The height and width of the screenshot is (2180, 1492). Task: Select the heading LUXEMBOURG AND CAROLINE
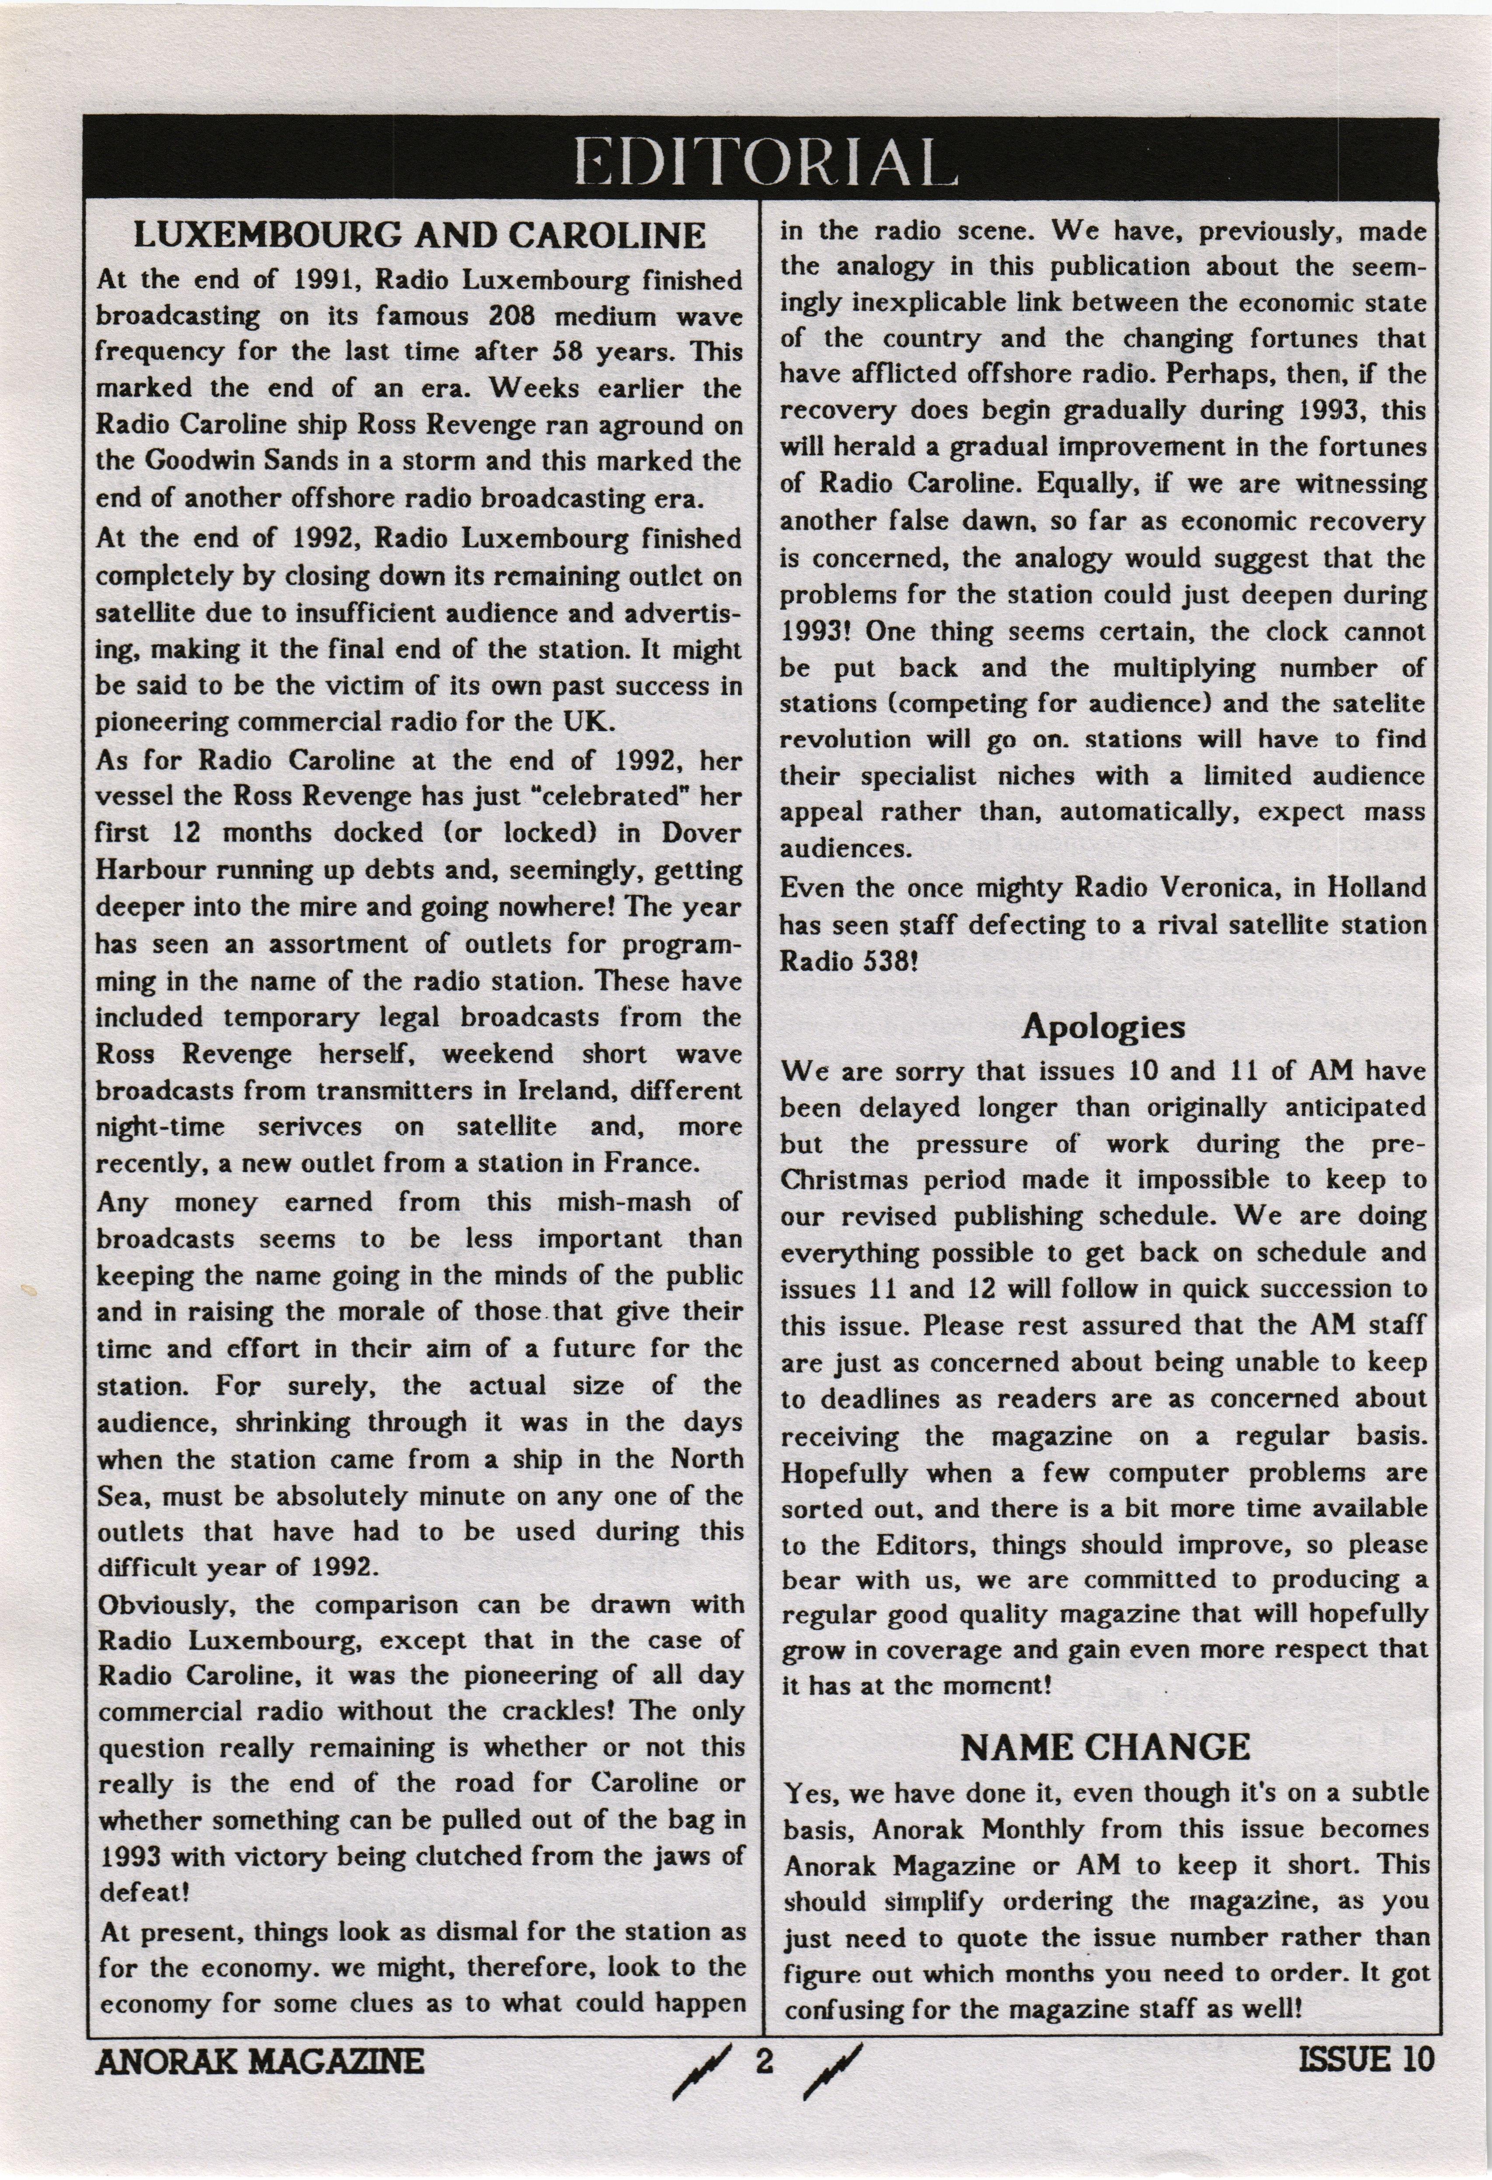[419, 234]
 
